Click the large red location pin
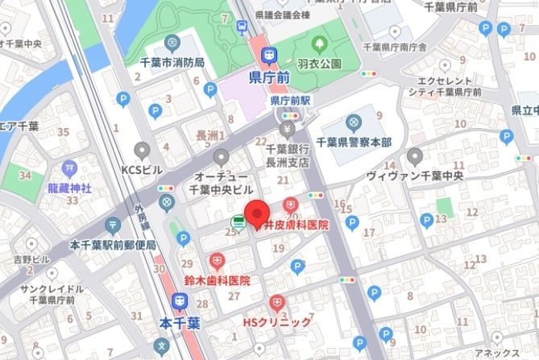256,213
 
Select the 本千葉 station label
179,321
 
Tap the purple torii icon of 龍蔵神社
68,170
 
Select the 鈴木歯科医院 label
217,281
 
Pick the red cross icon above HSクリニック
277,304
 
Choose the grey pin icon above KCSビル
143,151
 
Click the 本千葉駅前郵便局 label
112,245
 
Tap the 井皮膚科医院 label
296,226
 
